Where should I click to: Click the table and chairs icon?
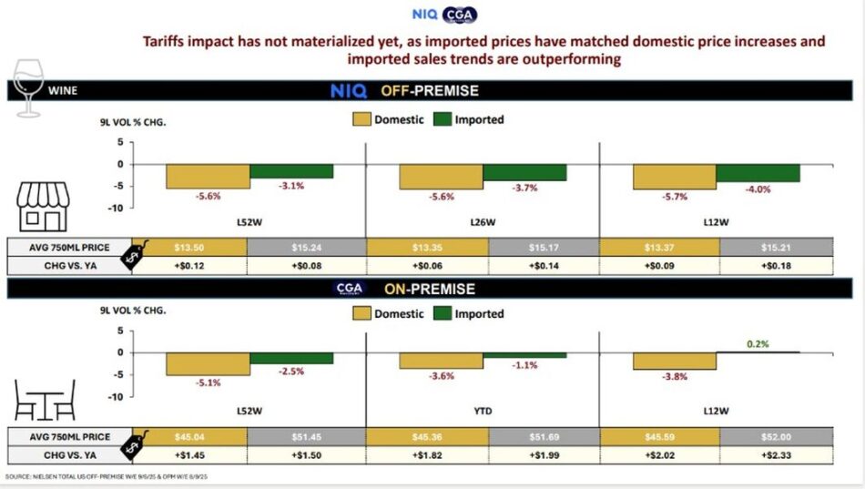click(45, 402)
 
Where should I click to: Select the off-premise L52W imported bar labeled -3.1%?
click(291, 171)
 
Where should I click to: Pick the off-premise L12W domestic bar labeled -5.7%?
click(675, 177)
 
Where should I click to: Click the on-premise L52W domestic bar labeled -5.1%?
click(208, 363)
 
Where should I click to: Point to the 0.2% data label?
click(758, 344)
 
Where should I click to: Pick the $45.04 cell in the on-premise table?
click(189, 436)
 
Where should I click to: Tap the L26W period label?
click(482, 221)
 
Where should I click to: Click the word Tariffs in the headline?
click(172, 41)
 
